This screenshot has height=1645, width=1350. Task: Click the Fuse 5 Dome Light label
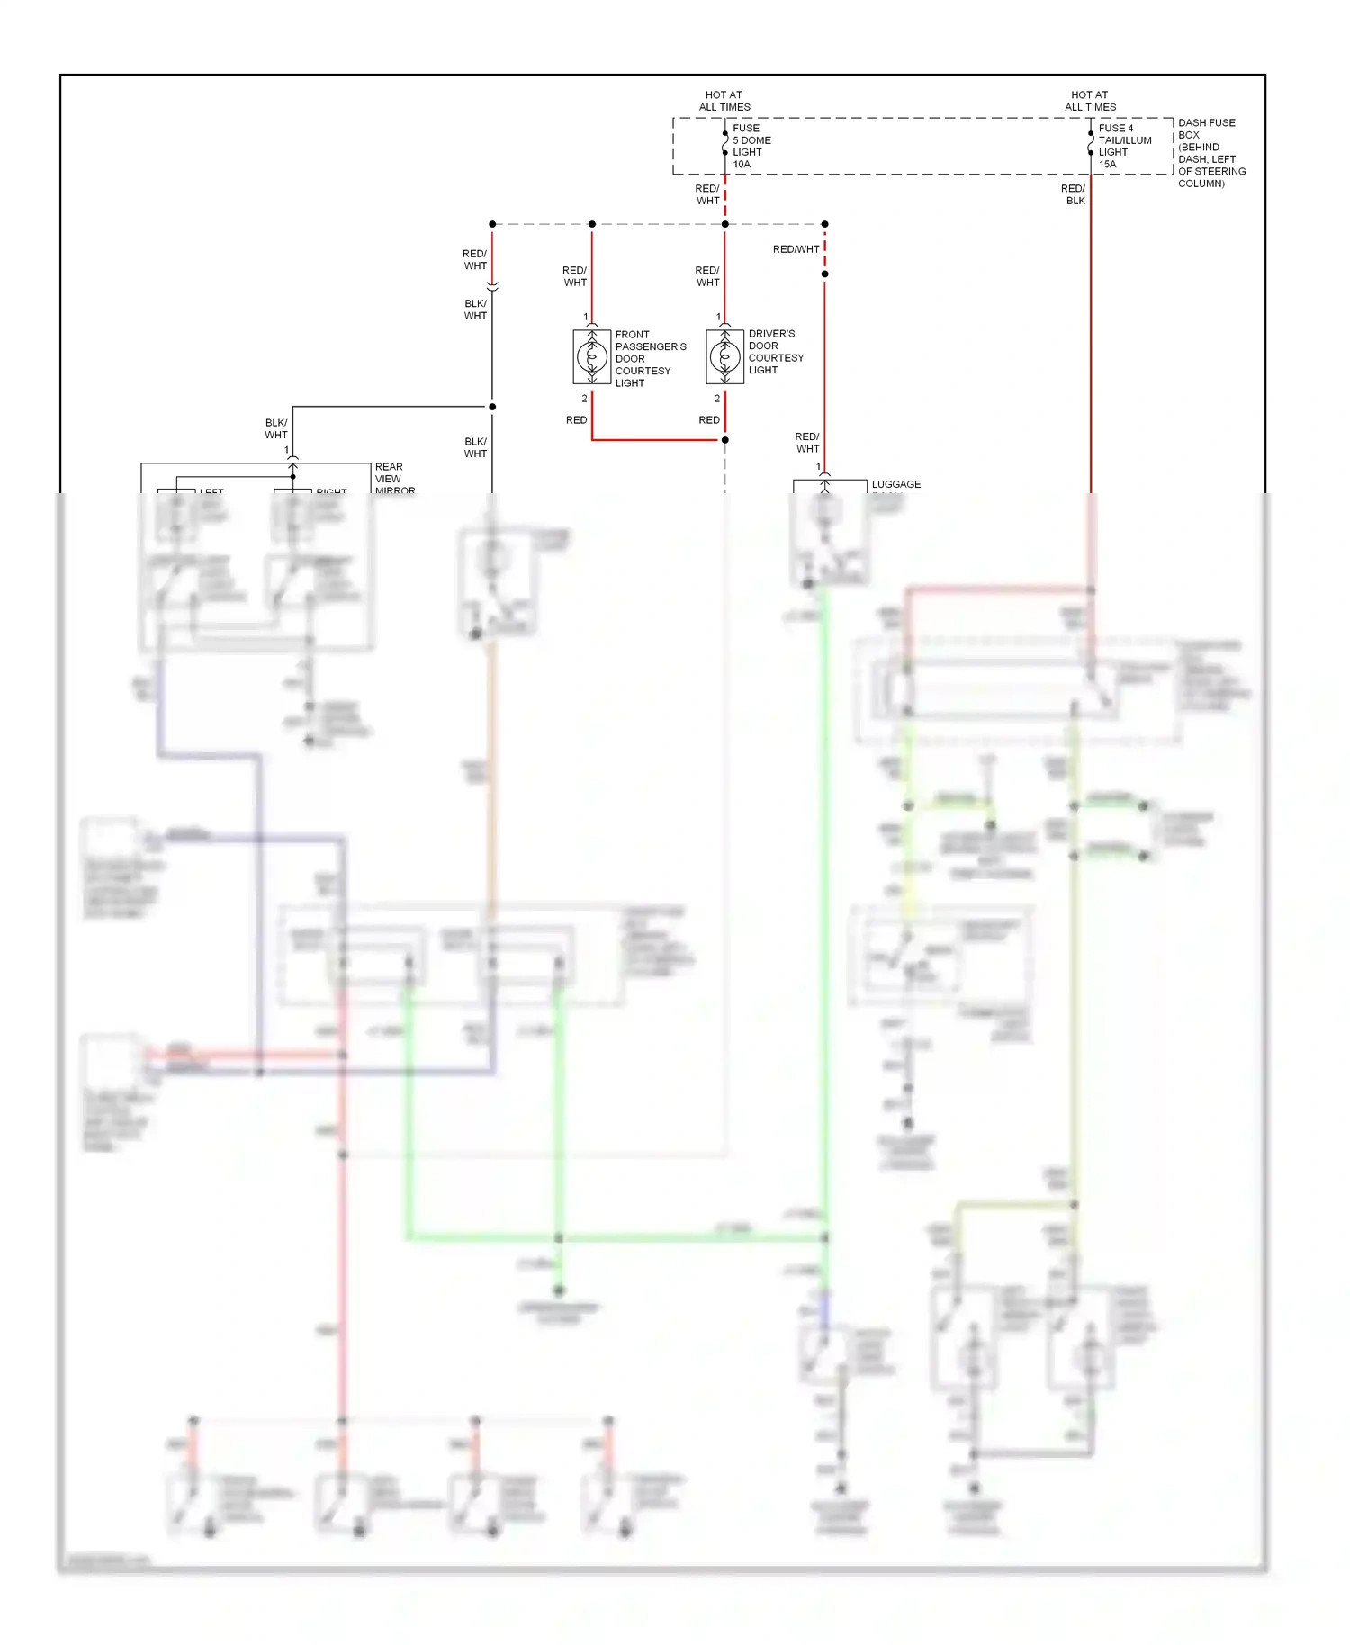[751, 146]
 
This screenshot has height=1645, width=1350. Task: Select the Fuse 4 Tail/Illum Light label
[1123, 146]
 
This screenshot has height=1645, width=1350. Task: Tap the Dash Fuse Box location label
[1210, 152]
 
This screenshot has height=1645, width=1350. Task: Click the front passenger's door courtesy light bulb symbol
[592, 357]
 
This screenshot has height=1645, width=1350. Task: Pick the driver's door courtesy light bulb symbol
[725, 357]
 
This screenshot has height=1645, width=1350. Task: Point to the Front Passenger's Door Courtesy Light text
[650, 358]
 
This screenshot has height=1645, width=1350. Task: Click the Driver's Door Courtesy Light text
[775, 352]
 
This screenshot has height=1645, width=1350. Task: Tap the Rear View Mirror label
[393, 478]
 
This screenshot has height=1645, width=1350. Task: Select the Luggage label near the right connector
[895, 484]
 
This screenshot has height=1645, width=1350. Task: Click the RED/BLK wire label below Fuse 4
[1074, 194]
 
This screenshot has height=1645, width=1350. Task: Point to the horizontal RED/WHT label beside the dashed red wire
[796, 249]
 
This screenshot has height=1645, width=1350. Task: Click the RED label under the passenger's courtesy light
[576, 420]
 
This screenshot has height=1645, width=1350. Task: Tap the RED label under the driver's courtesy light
[709, 420]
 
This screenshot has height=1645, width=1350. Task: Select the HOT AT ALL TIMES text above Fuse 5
[724, 101]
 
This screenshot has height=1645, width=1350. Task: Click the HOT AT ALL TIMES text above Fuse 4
[1090, 101]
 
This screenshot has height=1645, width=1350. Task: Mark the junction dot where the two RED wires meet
[725, 440]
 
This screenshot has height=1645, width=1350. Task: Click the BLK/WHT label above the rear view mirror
[276, 428]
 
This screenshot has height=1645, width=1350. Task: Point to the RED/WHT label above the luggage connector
[807, 443]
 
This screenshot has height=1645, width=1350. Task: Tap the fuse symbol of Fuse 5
[725, 143]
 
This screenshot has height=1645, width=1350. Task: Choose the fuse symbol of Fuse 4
[1091, 143]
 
